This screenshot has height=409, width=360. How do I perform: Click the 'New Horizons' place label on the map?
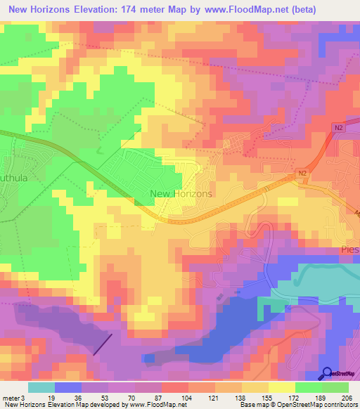click(x=181, y=193)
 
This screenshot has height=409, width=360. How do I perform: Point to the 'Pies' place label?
click(x=349, y=249)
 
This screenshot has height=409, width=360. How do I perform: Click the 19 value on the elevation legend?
click(x=51, y=398)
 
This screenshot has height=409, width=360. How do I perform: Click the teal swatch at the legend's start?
click(x=41, y=387)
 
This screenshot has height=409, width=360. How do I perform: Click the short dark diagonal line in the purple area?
click(x=103, y=344)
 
